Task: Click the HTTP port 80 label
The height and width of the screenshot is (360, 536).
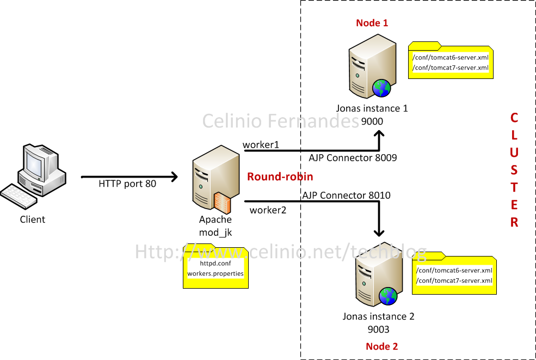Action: tap(127, 184)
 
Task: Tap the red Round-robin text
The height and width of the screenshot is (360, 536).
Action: tap(280, 177)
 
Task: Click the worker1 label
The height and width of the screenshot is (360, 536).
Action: tap(261, 145)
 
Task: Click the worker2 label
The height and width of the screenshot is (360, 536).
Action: tap(268, 210)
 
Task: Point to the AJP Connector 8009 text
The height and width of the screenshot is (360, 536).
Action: tap(353, 158)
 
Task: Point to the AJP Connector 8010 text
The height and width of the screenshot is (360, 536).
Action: tap(346, 196)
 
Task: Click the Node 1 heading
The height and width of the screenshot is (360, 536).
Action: tap(372, 23)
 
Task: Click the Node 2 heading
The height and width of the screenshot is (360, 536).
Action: tap(381, 346)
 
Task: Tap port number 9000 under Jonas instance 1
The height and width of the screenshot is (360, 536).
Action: tap(372, 121)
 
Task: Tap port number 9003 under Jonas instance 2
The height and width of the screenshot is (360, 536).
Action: tap(378, 330)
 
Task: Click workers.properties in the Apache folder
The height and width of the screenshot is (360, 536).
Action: tap(215, 273)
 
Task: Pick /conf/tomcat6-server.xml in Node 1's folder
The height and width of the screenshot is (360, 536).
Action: tap(450, 58)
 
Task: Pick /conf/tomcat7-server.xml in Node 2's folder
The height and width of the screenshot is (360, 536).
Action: tap(454, 280)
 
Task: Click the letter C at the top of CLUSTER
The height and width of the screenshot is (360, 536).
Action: tap(514, 118)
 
